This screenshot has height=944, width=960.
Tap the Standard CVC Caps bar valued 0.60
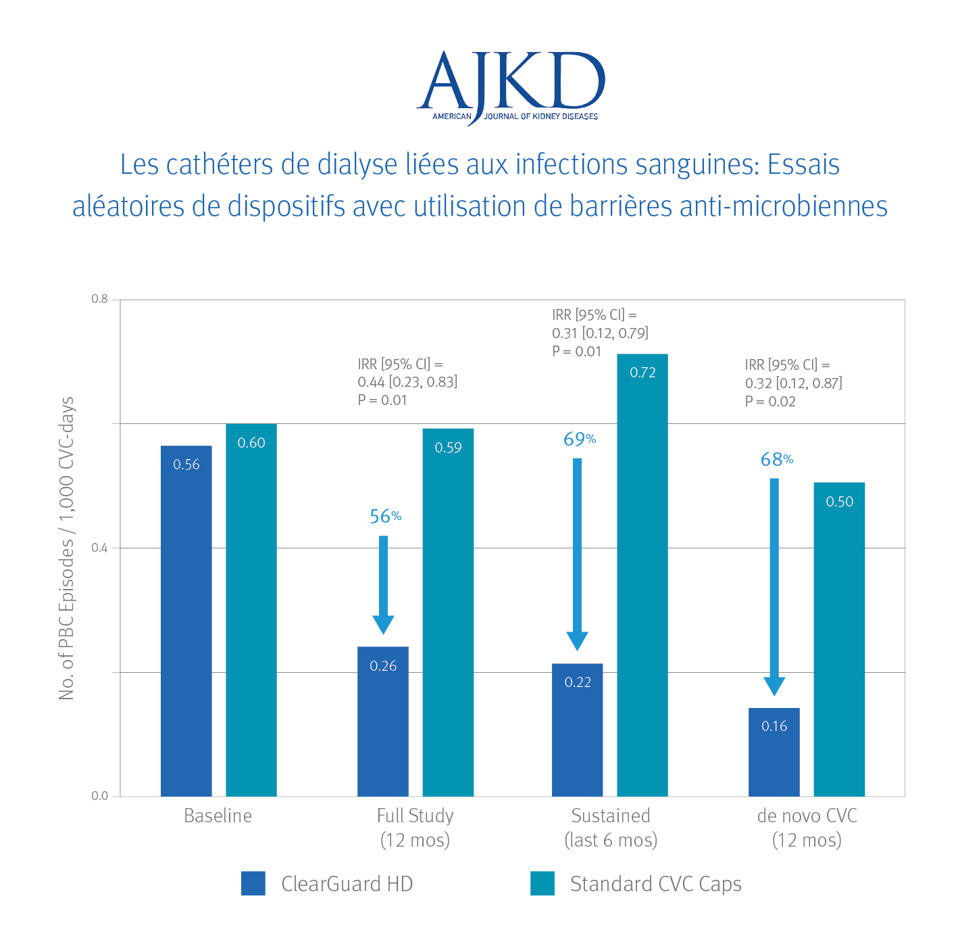pos(251,609)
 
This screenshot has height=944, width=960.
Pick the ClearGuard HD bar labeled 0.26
pos(382,721)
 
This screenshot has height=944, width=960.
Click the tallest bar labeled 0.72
pos(642,575)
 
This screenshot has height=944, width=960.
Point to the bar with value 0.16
pos(774,751)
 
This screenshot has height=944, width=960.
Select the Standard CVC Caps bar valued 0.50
pos(838,639)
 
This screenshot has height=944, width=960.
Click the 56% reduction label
pos(385,517)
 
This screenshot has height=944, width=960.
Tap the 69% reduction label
pos(579,440)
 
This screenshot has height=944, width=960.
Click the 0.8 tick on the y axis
pos(99,299)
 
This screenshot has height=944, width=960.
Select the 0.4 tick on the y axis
pos(99,548)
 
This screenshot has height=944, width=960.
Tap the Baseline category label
pos(218,816)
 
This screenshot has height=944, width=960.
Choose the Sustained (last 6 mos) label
pos(611,828)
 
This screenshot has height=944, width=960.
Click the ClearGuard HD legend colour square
pos(253,883)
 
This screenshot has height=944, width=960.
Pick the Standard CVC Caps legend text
pos(655,884)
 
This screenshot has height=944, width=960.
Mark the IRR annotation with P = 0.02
pos(793,383)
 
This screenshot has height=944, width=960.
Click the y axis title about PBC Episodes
pos(66,548)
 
